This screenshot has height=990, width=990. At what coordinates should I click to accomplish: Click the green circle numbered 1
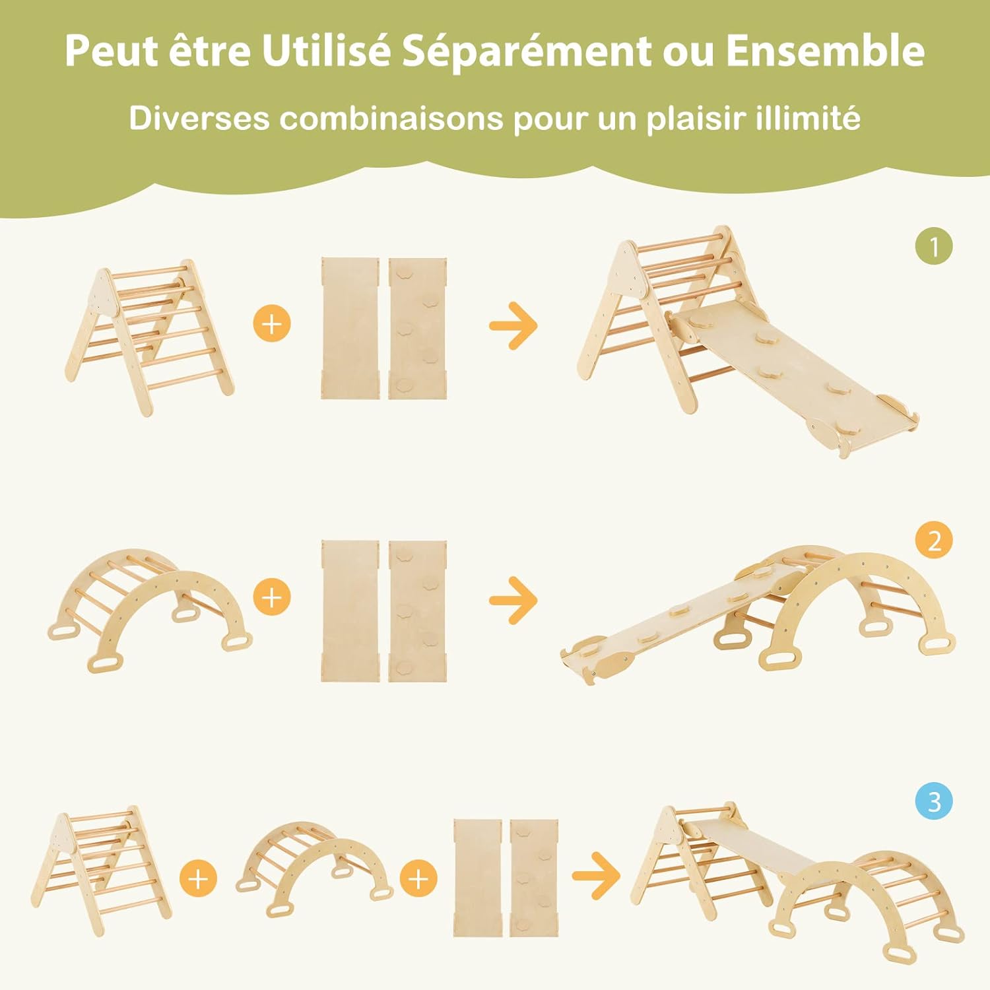934,247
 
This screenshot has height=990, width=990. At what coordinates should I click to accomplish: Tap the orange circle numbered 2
934,541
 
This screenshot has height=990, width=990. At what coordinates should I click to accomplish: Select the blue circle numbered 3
934,802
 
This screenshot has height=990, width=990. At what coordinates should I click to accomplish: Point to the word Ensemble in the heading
825,50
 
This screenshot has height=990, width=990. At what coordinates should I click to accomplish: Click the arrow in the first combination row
513,325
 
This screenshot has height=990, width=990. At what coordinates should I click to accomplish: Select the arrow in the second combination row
513,599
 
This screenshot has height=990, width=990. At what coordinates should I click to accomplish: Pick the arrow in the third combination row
596,876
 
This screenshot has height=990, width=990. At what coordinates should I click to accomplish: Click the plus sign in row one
272,324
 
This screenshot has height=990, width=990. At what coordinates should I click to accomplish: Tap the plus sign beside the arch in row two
272,597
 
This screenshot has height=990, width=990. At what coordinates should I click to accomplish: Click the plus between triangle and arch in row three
198,879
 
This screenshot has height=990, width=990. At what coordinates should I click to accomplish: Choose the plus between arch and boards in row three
418,879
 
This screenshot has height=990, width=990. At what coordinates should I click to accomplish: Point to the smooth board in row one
350,328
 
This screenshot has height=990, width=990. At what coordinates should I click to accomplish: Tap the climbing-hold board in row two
417,610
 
